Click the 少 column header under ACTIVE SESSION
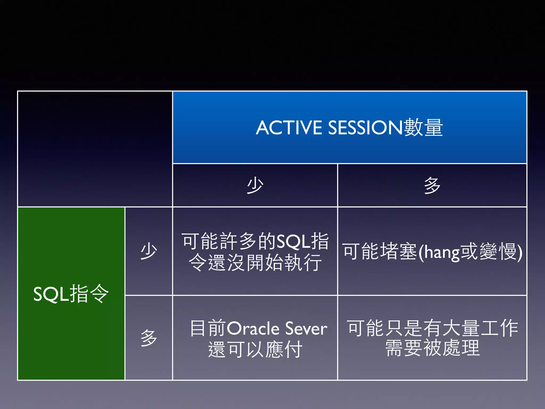pos(255,185)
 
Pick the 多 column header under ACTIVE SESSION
pos(432,185)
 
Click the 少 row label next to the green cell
pos(148,251)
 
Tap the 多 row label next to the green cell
pos(148,338)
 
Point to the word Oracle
pos(253,328)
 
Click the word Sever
pos(306,328)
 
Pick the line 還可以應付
pos(255,349)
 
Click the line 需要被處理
pos(432,348)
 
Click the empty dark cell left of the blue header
pos(95,149)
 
